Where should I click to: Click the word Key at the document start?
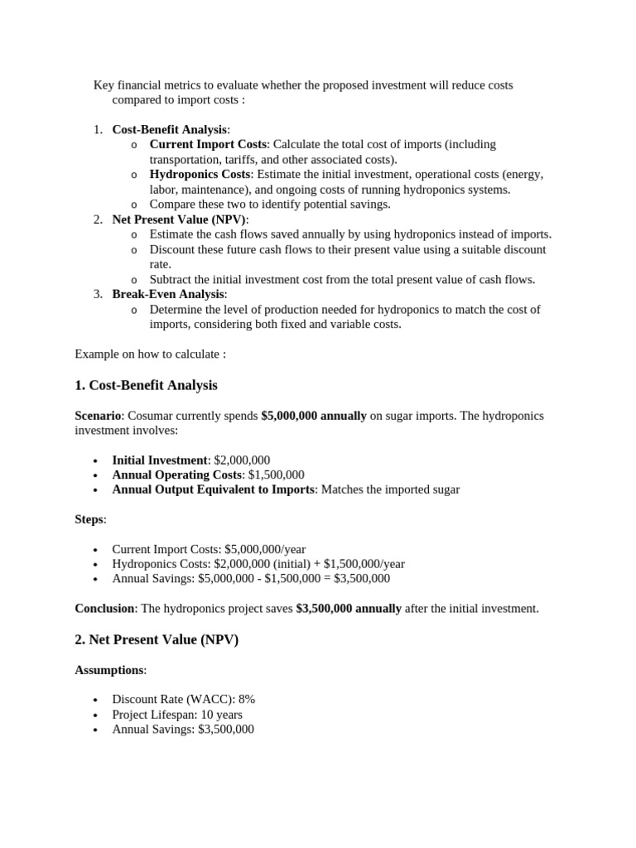(x=103, y=85)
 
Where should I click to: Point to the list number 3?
(x=97, y=294)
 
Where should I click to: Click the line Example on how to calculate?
(x=150, y=354)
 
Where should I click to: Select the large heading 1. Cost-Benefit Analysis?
(x=146, y=385)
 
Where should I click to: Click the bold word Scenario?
(x=98, y=416)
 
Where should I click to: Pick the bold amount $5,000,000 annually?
(x=313, y=416)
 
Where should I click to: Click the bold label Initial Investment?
(x=159, y=460)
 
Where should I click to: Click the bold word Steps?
(x=89, y=519)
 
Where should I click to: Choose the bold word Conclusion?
(x=104, y=608)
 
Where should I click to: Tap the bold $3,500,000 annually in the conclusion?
(x=349, y=608)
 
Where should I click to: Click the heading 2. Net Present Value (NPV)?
(x=157, y=639)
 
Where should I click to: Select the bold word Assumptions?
(x=108, y=670)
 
